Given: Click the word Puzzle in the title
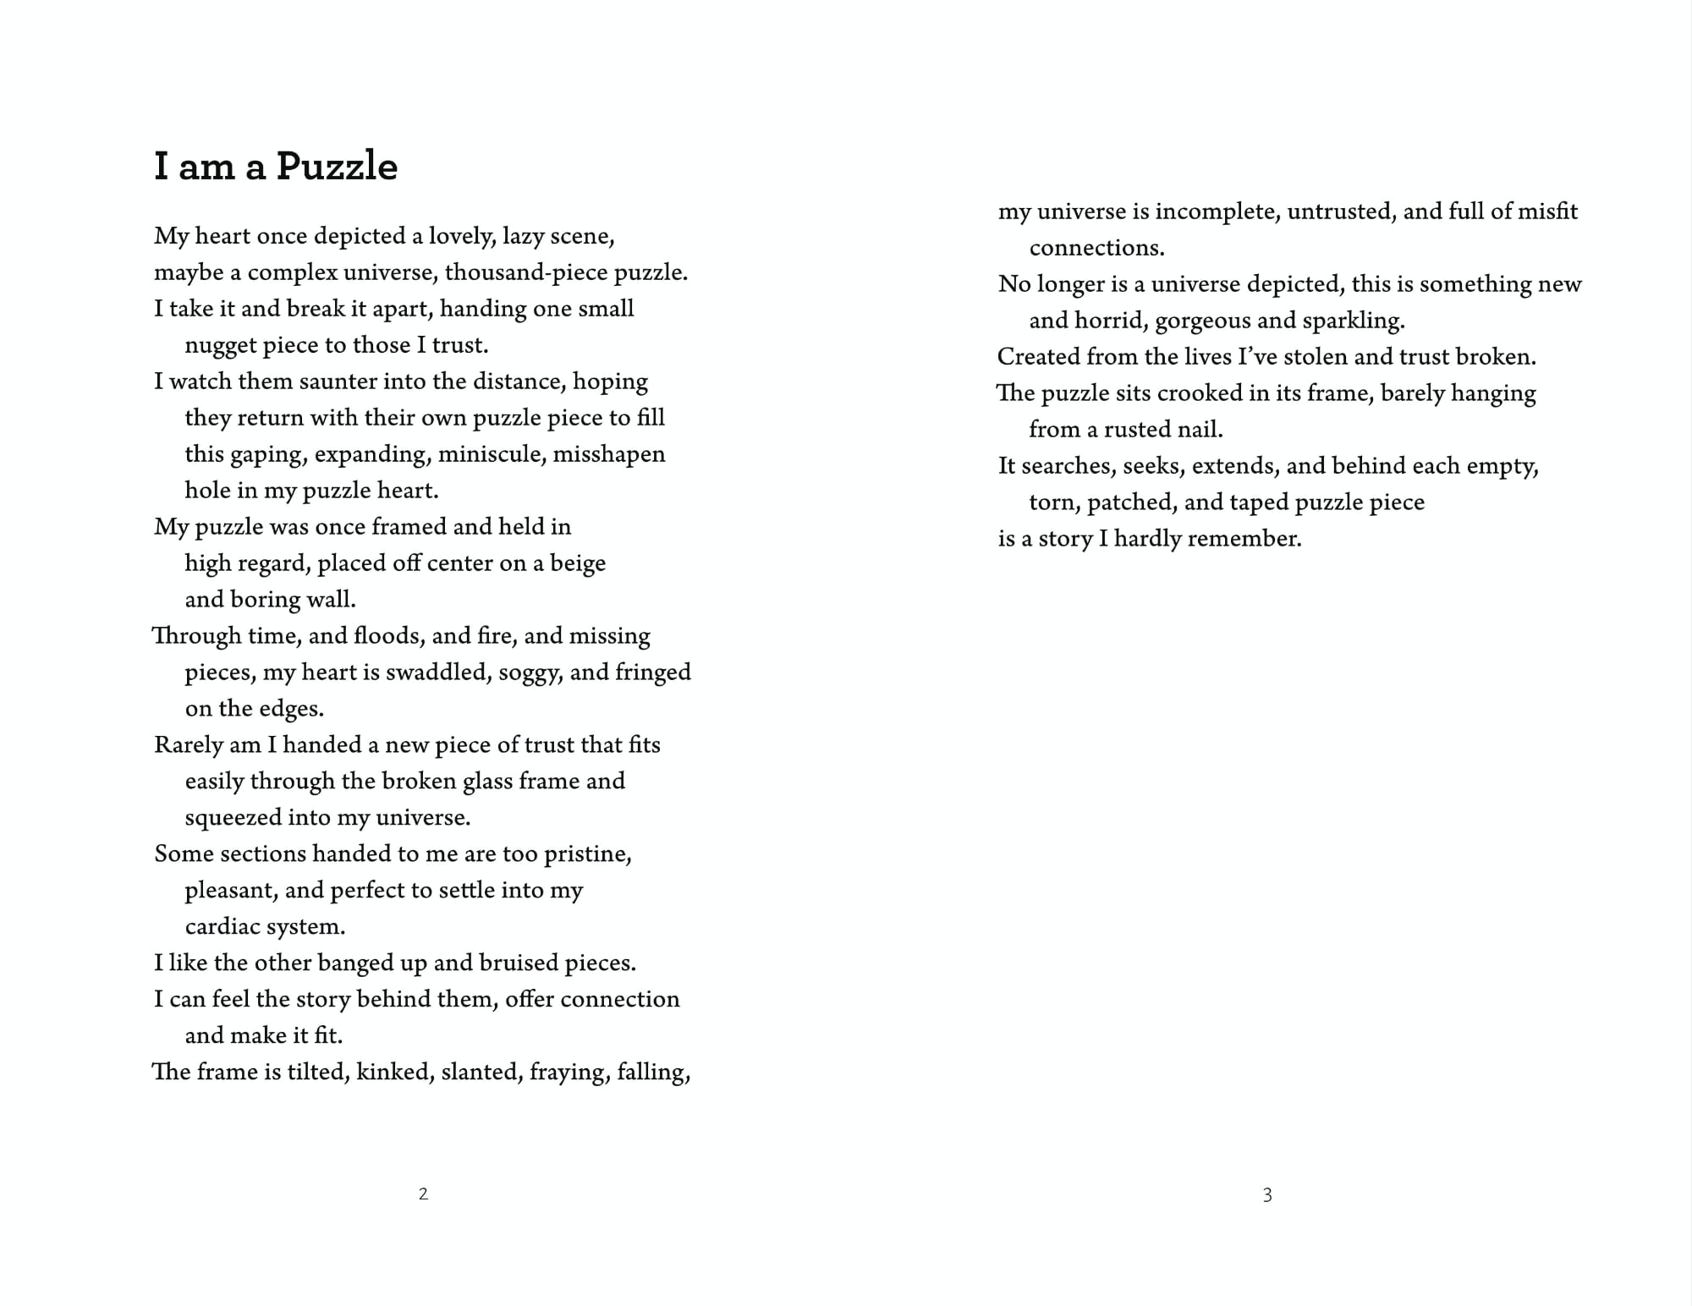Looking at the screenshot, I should coord(337,167).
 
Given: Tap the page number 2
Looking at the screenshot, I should coord(423,1194).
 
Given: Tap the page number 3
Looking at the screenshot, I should coord(1267,1195).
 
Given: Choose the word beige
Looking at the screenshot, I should coord(578,563).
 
